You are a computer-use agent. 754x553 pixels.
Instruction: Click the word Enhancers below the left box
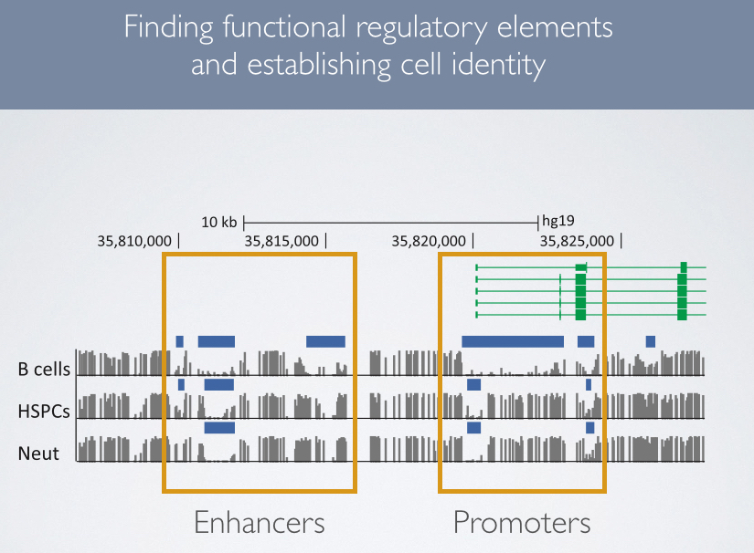tap(260, 523)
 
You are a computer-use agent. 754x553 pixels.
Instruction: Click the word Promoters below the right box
tap(522, 523)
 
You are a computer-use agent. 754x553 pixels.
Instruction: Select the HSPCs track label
tap(45, 412)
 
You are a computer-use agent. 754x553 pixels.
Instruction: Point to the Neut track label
tap(38, 453)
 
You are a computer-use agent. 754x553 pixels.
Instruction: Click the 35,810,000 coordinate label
tap(133, 241)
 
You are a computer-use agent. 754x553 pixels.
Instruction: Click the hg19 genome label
tap(558, 221)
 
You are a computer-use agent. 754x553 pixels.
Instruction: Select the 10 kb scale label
tap(219, 222)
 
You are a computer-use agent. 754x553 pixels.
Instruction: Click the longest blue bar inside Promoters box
tap(513, 341)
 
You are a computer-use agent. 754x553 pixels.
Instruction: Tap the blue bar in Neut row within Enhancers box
tap(219, 427)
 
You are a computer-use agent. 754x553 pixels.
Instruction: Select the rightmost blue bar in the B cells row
tap(651, 341)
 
